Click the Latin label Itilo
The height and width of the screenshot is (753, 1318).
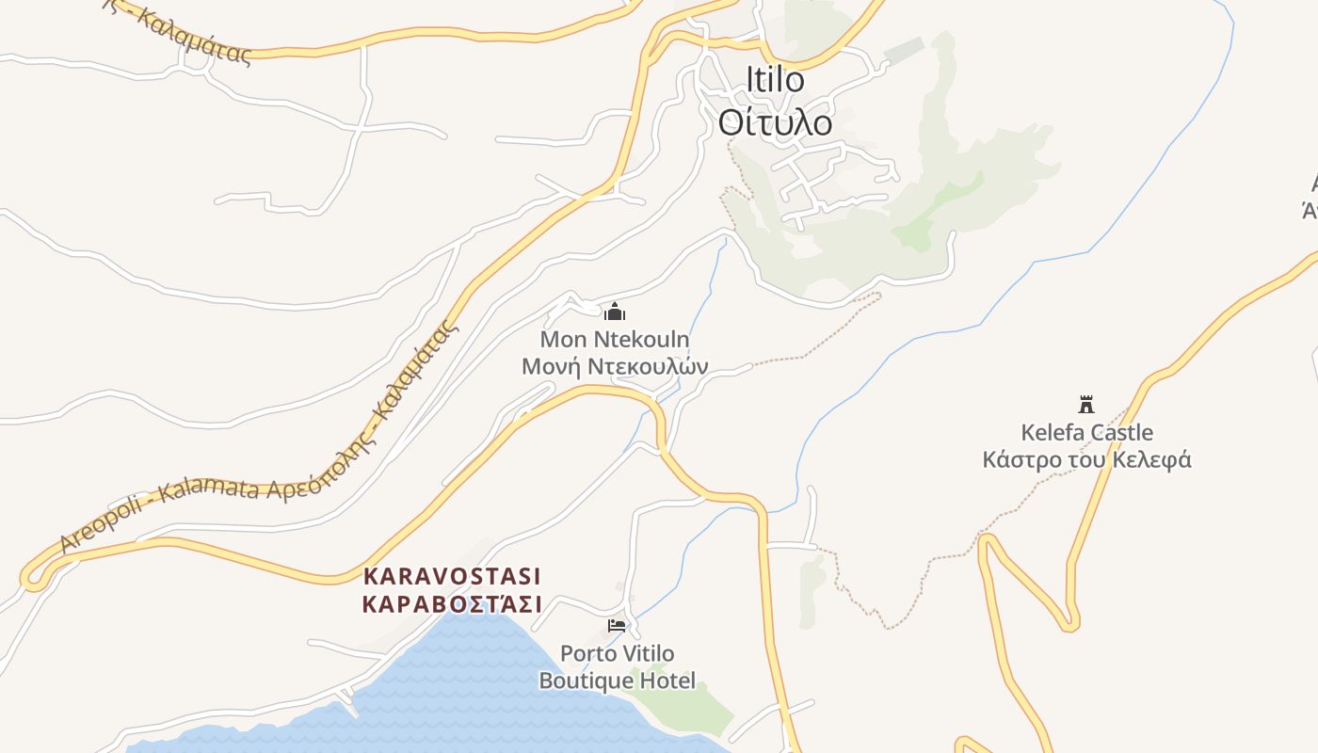[776, 80]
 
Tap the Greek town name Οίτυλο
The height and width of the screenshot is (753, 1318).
[776, 122]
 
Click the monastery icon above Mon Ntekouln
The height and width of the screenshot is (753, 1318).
[615, 312]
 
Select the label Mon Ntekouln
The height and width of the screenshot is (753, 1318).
[614, 339]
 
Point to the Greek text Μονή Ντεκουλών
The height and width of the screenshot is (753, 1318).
[614, 366]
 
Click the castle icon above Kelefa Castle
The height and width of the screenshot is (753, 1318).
[1086, 405]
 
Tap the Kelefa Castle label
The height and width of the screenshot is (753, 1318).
[1086, 433]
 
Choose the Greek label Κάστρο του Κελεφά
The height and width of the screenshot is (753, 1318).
[1086, 460]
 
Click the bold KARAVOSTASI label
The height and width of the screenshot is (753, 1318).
[452, 576]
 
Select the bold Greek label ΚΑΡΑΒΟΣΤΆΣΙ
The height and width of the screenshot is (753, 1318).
[452, 603]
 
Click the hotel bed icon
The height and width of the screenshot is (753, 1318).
[617, 625]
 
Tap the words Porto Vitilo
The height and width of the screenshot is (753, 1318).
[617, 653]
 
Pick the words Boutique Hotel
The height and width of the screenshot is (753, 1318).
[617, 681]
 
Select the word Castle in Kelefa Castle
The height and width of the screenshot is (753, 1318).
[1119, 433]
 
